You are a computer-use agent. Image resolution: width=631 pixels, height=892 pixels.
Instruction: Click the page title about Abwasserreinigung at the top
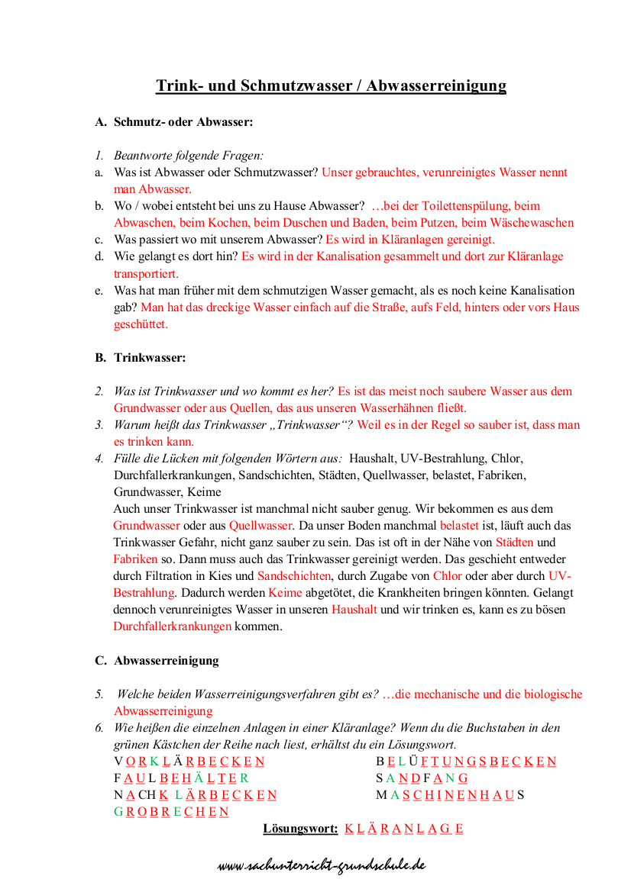click(331, 85)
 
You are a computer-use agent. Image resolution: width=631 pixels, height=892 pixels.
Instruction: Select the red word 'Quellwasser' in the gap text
click(260, 526)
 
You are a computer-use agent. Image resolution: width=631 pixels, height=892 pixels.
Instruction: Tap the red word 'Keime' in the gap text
click(285, 593)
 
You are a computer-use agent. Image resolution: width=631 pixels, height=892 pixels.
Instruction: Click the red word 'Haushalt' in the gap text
click(354, 610)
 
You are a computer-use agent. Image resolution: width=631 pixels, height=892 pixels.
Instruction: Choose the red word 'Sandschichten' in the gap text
click(294, 576)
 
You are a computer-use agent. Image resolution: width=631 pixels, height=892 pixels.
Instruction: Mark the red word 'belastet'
click(460, 526)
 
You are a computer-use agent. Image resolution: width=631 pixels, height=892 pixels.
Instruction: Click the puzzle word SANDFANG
click(421, 778)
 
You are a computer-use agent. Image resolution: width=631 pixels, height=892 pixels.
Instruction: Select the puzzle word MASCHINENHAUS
click(450, 795)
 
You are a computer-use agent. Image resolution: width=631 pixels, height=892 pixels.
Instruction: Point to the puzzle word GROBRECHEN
click(171, 812)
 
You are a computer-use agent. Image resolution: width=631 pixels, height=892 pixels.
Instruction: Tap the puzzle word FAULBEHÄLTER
click(181, 778)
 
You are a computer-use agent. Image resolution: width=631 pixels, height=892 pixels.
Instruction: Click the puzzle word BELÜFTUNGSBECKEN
click(465, 762)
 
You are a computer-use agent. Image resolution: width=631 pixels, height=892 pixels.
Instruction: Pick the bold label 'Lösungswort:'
click(300, 829)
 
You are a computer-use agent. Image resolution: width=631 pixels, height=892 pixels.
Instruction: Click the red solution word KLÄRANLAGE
click(403, 829)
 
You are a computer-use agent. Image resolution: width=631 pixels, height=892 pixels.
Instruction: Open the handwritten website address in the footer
click(321, 866)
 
